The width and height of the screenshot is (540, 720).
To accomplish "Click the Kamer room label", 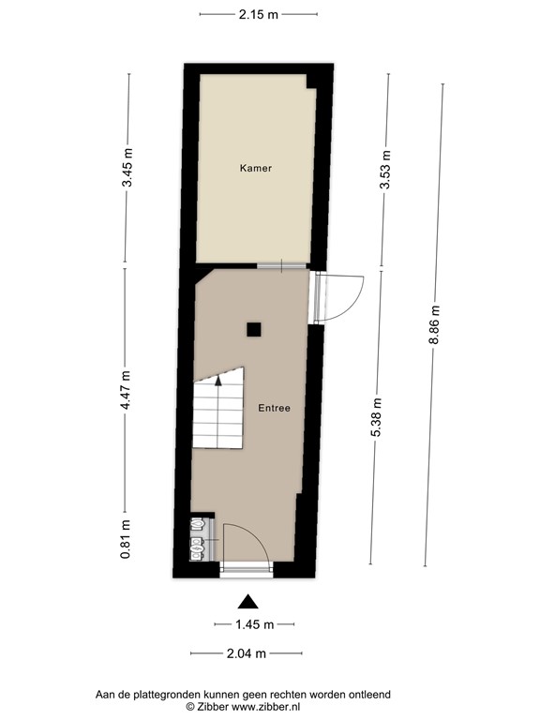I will tap(256, 169).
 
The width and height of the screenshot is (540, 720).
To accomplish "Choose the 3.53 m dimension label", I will tap(384, 170).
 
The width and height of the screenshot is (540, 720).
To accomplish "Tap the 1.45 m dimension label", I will tap(254, 624).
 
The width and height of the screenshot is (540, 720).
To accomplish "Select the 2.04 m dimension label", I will tap(247, 653).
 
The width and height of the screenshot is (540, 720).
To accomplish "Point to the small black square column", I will tap(253, 329).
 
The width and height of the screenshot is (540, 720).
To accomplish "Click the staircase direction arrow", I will tap(218, 380).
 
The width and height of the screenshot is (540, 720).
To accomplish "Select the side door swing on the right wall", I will tap(339, 296).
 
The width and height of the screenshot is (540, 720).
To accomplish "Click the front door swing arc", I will tap(247, 544).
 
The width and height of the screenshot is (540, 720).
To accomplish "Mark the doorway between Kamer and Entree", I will tap(282, 266).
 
